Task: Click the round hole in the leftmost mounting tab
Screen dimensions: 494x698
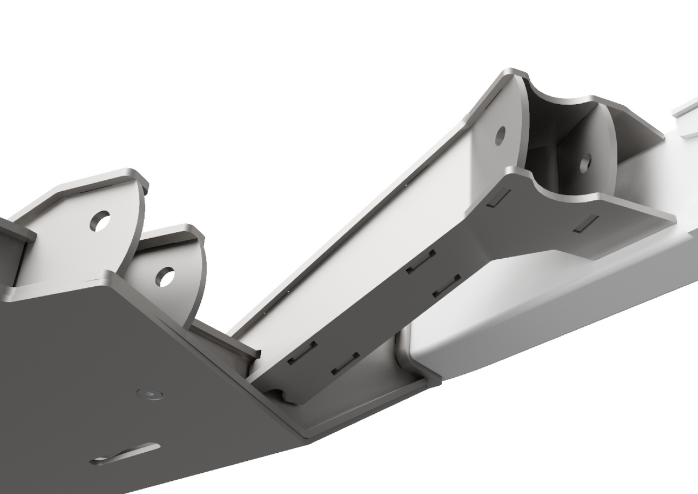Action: pyautogui.click(x=101, y=221)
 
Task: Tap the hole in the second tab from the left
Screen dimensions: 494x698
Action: pyautogui.click(x=165, y=277)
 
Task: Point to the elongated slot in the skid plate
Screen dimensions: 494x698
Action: pyautogui.click(x=126, y=453)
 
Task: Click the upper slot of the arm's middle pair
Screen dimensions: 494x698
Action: pyautogui.click(x=422, y=261)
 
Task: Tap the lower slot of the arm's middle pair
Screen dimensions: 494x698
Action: pyautogui.click(x=447, y=286)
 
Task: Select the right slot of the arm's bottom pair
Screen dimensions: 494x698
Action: pyautogui.click(x=346, y=362)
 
